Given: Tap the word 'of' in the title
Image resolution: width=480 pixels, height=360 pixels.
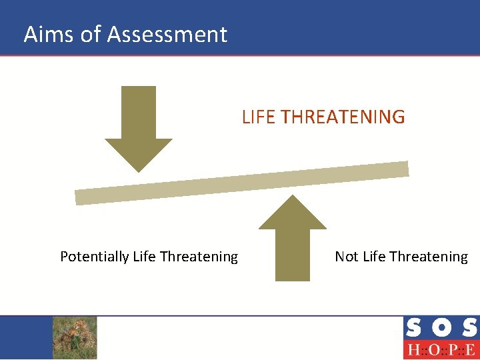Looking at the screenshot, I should tap(90, 34).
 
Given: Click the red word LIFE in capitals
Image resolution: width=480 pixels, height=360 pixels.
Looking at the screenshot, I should tap(259, 117).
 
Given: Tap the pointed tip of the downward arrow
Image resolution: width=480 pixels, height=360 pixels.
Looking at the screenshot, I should tap(139, 171).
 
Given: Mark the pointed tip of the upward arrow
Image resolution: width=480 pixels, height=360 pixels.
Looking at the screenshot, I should tap(293, 196).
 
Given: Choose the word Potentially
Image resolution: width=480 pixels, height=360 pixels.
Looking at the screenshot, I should tap(95, 257).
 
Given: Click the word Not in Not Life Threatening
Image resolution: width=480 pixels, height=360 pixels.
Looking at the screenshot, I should tap(347, 257).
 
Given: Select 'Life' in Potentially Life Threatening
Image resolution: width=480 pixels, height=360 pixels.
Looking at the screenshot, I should tap(145, 257).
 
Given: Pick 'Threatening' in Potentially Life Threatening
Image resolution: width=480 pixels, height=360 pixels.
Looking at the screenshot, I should tap(199, 257).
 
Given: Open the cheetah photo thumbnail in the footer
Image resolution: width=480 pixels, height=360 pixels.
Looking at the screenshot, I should tap(75, 337).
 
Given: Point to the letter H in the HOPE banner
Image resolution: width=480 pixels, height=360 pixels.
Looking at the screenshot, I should tap(413, 350).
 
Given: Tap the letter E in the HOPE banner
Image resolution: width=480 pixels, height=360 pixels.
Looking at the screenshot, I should tap(469, 350).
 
